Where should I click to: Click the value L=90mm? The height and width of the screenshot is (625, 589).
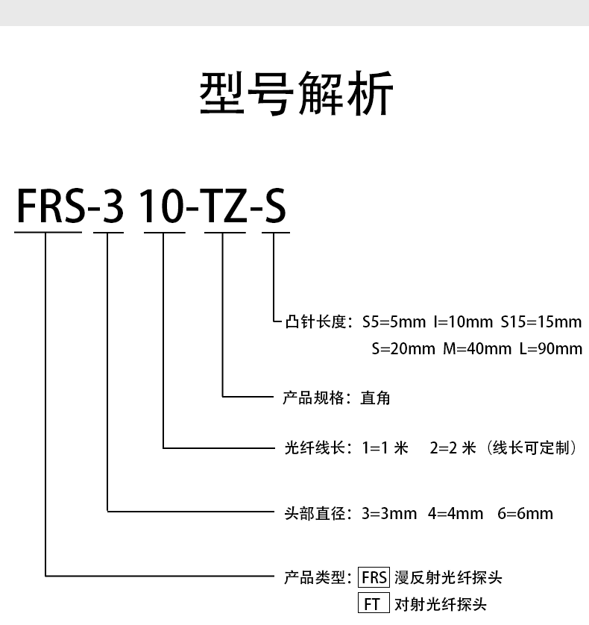pos(550,348)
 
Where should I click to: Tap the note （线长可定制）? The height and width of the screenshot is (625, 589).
pos(532,449)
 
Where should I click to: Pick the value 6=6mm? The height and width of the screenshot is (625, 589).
pos(525,513)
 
